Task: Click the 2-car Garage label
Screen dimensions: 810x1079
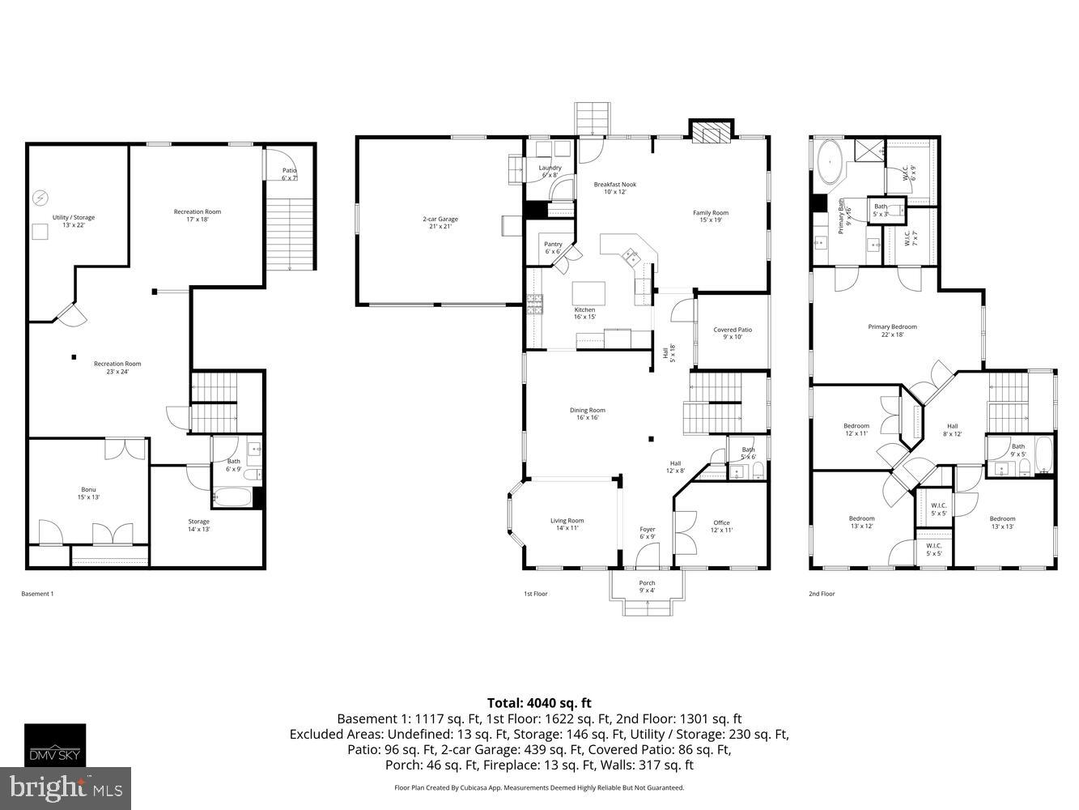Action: (440, 222)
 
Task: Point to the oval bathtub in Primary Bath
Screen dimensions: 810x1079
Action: (830, 161)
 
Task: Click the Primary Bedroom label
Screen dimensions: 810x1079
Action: (892, 330)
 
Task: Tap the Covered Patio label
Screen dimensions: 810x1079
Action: (732, 333)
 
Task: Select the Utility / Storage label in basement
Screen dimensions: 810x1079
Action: (74, 221)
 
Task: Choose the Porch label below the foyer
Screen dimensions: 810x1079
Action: (647, 586)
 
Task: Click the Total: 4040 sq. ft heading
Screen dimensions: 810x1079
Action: (539, 703)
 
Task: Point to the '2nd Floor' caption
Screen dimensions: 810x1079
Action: (822, 594)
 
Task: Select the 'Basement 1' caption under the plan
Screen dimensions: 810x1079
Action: (37, 594)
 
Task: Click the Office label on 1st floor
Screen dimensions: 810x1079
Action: (721, 526)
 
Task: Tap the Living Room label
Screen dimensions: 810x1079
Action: (567, 524)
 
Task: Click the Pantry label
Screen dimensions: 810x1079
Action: (553, 248)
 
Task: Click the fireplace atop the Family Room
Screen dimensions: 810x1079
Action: (711, 131)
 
